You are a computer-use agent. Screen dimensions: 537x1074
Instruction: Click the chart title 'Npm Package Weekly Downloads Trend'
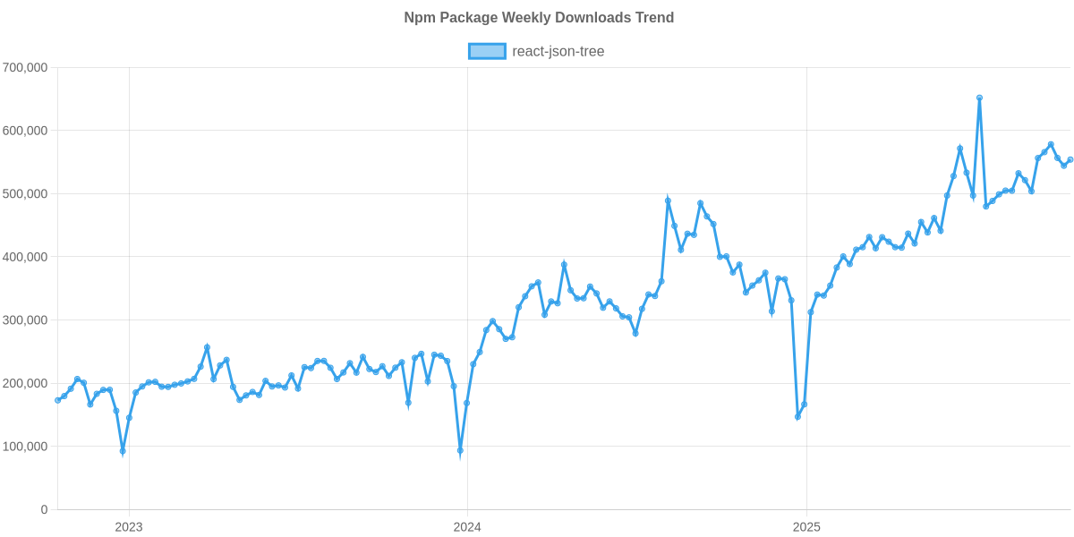[x=538, y=18]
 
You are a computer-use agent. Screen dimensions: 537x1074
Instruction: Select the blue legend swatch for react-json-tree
[x=486, y=52]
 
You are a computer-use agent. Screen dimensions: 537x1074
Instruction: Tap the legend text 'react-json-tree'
[x=558, y=52]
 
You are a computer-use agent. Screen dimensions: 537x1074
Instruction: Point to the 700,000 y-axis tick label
[x=25, y=67]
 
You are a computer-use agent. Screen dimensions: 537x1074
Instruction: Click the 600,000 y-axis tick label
[x=25, y=131]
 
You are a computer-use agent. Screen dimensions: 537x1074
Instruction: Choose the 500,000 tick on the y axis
[x=25, y=194]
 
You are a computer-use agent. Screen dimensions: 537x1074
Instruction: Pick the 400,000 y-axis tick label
[x=25, y=257]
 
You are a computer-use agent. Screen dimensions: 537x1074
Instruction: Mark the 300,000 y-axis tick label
[x=25, y=320]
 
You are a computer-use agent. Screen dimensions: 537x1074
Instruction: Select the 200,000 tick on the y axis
[x=25, y=383]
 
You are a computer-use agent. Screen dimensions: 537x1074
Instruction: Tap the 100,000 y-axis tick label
[x=25, y=447]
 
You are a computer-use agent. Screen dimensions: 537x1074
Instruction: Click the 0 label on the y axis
[x=44, y=510]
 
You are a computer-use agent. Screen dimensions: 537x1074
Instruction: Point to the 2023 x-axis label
[x=129, y=527]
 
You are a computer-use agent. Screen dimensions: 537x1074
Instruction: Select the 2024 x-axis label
[x=466, y=527]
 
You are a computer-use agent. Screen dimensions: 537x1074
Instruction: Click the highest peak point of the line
[x=979, y=97]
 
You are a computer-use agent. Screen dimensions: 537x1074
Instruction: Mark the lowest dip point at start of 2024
[x=460, y=451]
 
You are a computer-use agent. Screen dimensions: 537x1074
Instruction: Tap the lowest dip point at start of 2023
[x=123, y=452]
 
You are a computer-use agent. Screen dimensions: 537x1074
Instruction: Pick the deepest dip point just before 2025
[x=797, y=417]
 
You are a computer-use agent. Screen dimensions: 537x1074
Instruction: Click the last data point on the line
[x=1070, y=159]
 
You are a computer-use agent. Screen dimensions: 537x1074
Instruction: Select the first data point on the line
[x=57, y=400]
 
